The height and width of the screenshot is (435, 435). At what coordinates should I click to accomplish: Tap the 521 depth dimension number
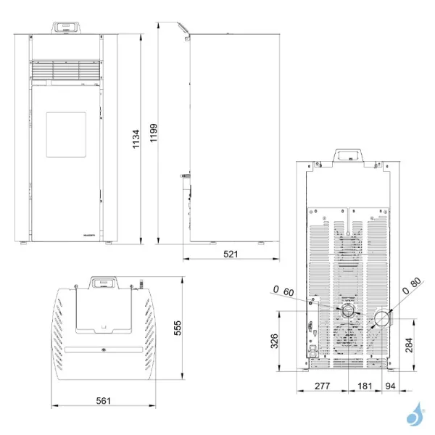point(231,254)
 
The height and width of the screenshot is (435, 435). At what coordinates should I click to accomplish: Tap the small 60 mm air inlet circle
point(349,311)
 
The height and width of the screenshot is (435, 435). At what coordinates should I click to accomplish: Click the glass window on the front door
point(64,136)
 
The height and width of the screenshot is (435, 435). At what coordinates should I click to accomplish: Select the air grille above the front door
point(65,70)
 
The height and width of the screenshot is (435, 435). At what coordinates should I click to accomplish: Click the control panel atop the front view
point(65,27)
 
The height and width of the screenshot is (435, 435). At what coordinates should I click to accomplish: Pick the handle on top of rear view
point(348,157)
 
